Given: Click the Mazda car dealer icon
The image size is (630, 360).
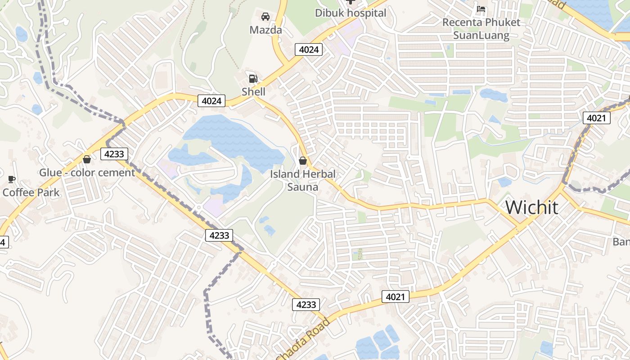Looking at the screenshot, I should (265, 17).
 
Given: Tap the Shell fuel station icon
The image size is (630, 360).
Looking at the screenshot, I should (253, 79).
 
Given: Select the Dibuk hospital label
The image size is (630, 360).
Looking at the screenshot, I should (350, 13).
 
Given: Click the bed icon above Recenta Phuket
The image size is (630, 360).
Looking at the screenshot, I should (481, 9).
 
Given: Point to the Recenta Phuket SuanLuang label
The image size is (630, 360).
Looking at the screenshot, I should (481, 29).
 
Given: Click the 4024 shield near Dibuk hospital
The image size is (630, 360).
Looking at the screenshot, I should (309, 49).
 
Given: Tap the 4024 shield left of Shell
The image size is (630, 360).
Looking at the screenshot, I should (211, 101).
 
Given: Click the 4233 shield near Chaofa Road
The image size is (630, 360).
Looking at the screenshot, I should (306, 305).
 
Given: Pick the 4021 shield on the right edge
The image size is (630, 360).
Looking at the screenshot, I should (597, 118).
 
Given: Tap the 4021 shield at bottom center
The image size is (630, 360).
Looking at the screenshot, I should (396, 297).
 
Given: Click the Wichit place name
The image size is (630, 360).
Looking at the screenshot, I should (532, 207).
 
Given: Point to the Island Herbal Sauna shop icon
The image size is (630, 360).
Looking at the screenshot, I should (303, 161).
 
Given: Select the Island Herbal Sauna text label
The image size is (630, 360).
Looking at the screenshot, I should (303, 180).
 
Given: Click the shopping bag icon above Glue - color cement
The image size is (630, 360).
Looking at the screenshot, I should (87, 159).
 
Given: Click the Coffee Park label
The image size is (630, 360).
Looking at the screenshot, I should (31, 193).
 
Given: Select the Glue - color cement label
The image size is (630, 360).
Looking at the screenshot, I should (87, 172).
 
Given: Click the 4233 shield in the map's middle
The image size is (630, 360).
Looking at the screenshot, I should (220, 235).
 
